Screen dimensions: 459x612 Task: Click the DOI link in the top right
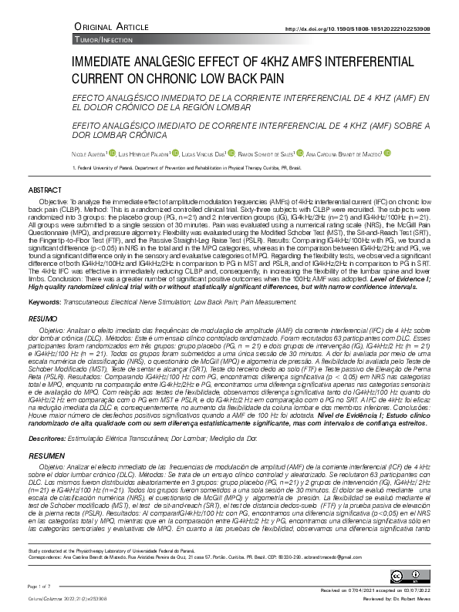[x=368, y=29]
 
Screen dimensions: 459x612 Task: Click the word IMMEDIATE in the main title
[x=104, y=63]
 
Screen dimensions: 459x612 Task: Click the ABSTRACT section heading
[x=45, y=190]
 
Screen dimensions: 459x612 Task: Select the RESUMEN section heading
[x=46, y=456]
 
